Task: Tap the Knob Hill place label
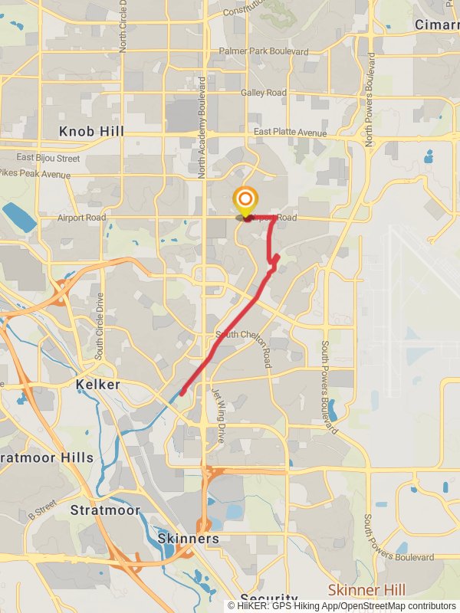pyautogui.click(x=91, y=132)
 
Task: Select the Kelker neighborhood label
pyautogui.click(x=97, y=384)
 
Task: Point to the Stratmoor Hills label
pyautogui.click(x=47, y=457)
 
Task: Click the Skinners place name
pyautogui.click(x=188, y=539)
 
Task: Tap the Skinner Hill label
pyautogui.click(x=366, y=590)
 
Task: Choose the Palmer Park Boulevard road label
pyautogui.click(x=263, y=51)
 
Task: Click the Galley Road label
pyautogui.click(x=263, y=93)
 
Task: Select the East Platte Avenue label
pyautogui.click(x=290, y=133)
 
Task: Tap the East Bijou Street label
pyautogui.click(x=48, y=159)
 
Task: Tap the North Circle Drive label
pyautogui.click(x=123, y=27)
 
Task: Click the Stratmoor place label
pyautogui.click(x=105, y=510)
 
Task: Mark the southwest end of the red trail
pyautogui.click(x=182, y=394)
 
